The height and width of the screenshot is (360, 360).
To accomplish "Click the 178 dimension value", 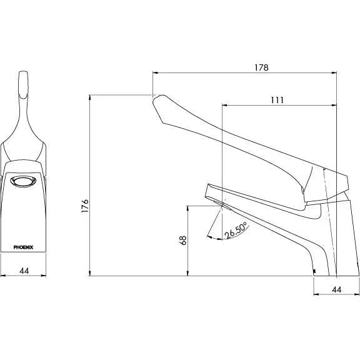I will click(x=261, y=67).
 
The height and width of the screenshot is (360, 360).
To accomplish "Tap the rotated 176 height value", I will click(x=86, y=206).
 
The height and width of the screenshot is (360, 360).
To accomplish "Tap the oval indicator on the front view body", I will click(x=24, y=182).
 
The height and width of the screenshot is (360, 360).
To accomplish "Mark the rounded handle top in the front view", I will click(x=24, y=78).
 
